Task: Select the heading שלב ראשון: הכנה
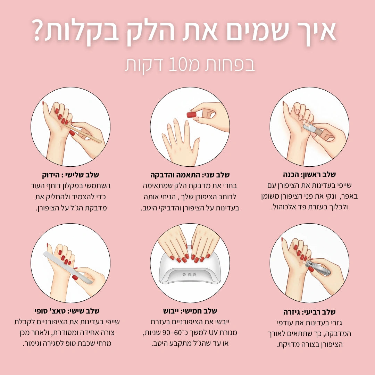(x=309, y=174)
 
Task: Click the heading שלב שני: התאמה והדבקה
(x=190, y=175)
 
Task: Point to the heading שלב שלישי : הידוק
(x=70, y=175)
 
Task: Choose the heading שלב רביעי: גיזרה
(x=309, y=312)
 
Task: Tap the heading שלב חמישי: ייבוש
(x=190, y=310)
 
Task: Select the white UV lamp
(x=190, y=271)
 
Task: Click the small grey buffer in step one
(x=309, y=128)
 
